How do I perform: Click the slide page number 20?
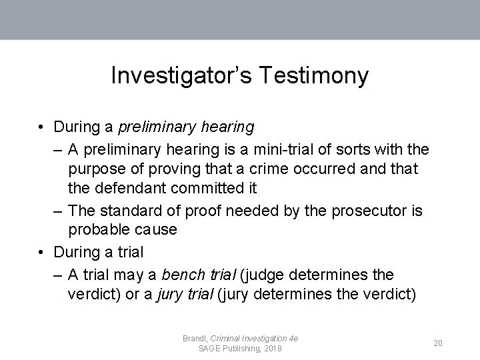[x=438, y=343]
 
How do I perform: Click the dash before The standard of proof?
[x=58, y=211]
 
